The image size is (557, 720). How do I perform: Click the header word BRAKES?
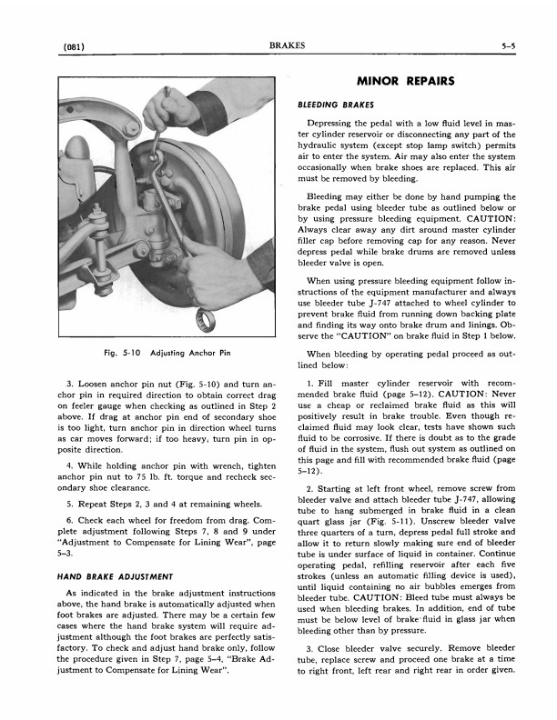tap(287, 45)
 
